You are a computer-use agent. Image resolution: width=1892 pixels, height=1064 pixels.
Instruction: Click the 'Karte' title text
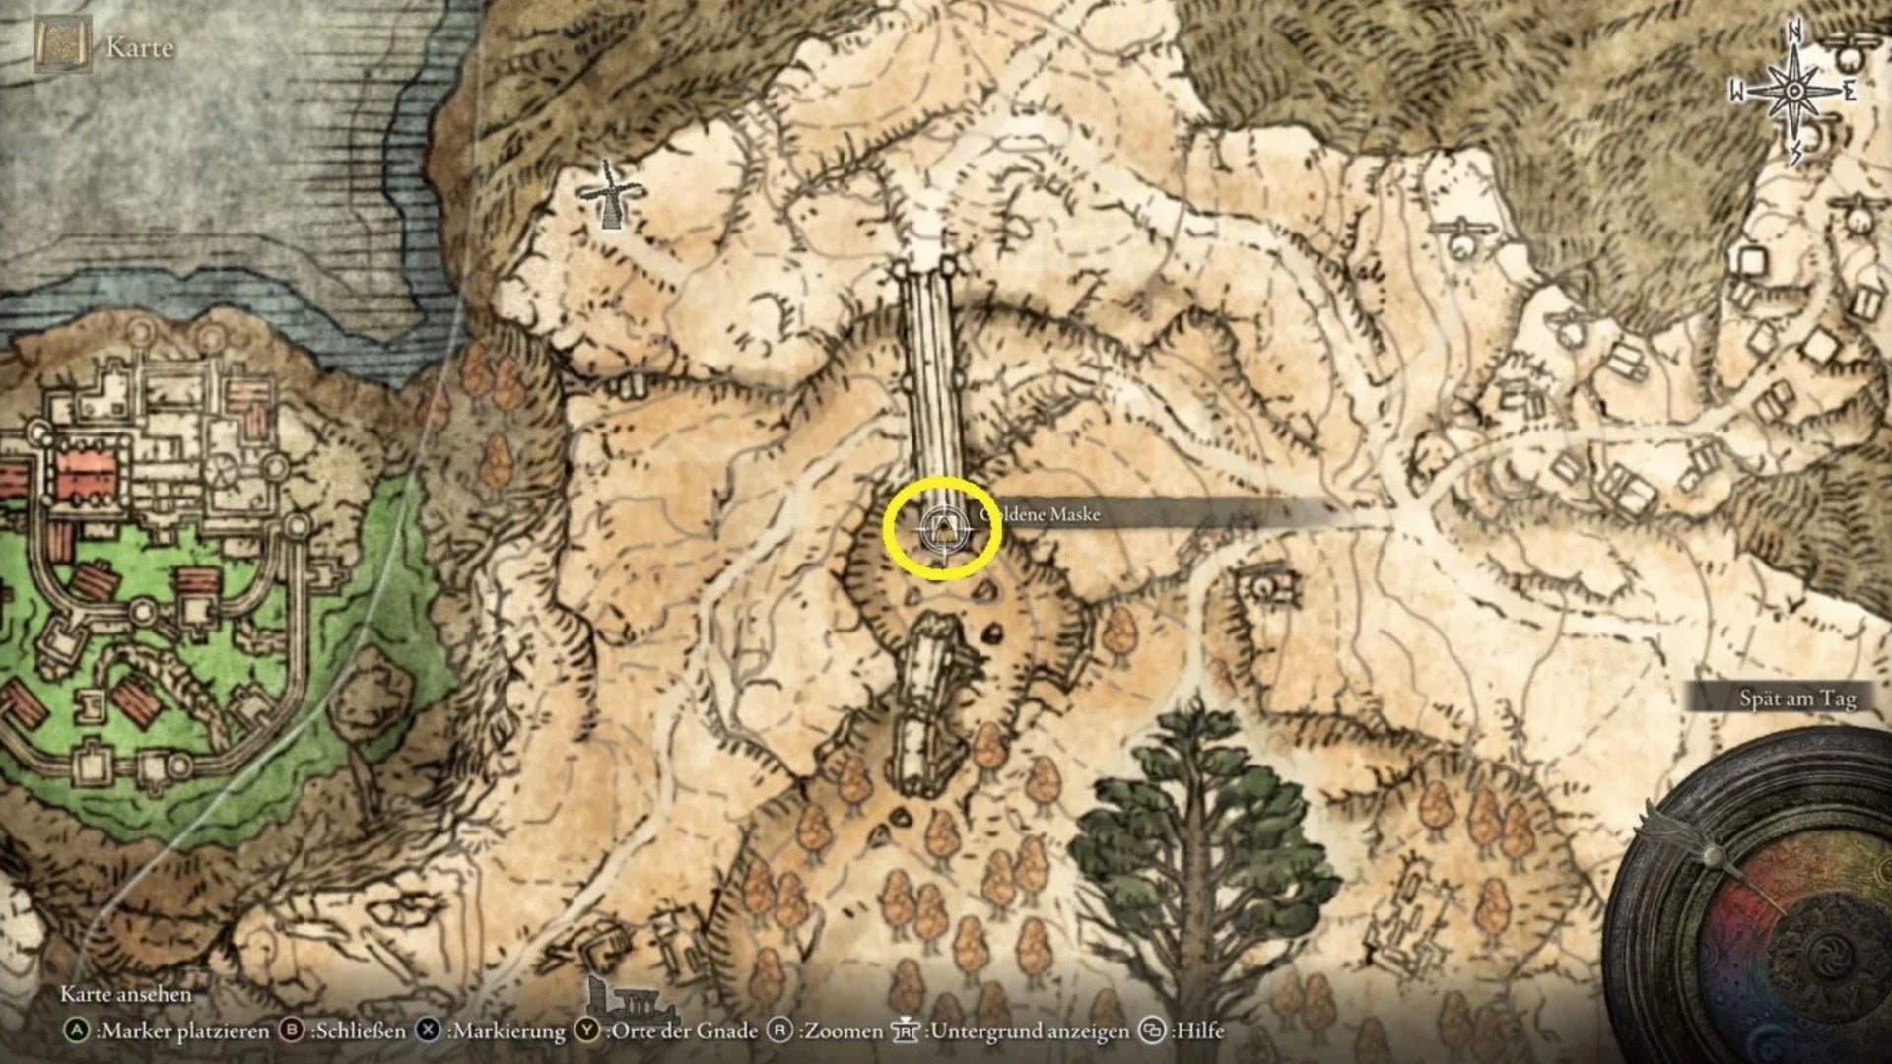[140, 47]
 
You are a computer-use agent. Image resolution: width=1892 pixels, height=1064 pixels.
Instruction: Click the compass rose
[1794, 92]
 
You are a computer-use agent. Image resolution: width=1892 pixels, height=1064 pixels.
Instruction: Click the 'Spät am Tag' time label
[1796, 698]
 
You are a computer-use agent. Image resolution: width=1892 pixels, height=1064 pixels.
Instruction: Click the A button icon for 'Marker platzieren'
[76, 1031]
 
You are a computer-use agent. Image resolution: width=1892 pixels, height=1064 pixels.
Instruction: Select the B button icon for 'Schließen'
[291, 1031]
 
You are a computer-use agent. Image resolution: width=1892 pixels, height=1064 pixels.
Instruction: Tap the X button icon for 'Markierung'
[428, 1031]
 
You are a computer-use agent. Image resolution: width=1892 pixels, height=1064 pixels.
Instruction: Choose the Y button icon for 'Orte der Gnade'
[587, 1031]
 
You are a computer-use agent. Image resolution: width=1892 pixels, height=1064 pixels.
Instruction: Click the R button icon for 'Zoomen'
[779, 1031]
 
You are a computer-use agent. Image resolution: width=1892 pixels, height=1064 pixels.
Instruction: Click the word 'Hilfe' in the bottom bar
[1199, 1031]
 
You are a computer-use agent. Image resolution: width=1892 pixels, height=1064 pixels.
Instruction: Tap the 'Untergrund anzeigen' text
[1029, 1031]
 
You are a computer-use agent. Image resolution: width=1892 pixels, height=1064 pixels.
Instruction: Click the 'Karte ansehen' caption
[126, 994]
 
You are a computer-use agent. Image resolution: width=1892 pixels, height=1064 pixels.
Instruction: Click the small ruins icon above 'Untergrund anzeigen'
[631, 1000]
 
